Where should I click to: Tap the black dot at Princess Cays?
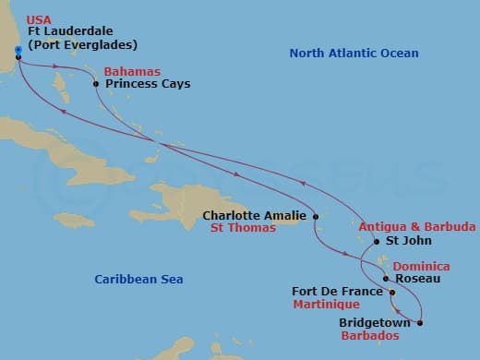click(x=97, y=84)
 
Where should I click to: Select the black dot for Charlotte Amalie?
click(x=317, y=218)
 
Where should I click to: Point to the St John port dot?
click(x=376, y=243)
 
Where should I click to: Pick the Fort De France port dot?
click(x=392, y=294)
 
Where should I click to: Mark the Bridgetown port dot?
click(x=420, y=322)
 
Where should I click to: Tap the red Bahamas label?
click(x=132, y=71)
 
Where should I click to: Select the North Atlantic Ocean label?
click(x=354, y=54)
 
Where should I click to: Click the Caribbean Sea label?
click(x=139, y=279)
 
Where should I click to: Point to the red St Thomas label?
click(x=243, y=228)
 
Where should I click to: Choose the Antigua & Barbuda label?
click(x=417, y=226)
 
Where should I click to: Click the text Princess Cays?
click(x=148, y=84)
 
